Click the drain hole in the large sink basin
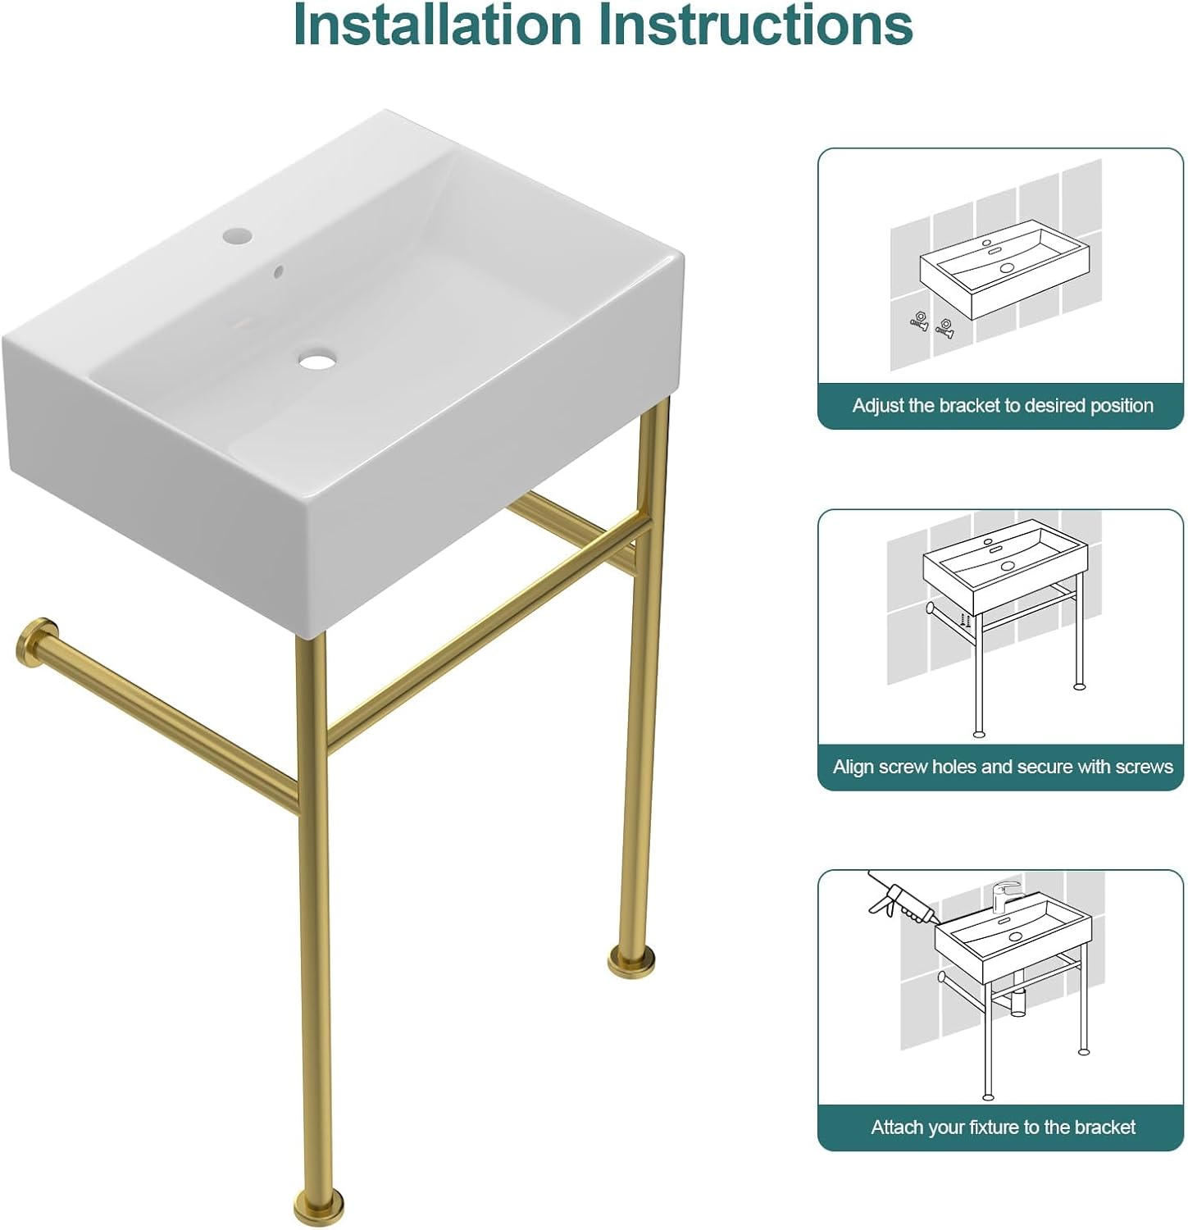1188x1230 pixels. click(315, 360)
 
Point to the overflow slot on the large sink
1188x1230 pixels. click(279, 271)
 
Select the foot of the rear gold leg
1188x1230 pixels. click(631, 959)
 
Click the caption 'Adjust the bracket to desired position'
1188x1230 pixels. click(1002, 406)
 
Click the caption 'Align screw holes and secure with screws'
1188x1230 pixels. click(1002, 767)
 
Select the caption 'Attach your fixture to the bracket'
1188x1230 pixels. click(1002, 1127)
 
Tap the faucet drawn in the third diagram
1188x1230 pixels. click(1005, 895)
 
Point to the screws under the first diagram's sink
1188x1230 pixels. click(932, 323)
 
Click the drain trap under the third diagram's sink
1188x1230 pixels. click(1017, 1003)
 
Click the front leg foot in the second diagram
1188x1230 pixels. click(978, 732)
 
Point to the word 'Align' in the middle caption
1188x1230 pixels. click(853, 767)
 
